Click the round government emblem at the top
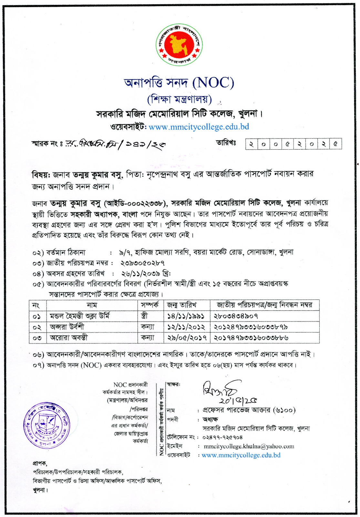pyautogui.click(x=179, y=45)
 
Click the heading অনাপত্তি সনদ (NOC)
pyautogui.click(x=179, y=83)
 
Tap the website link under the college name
pyautogui.click(x=199, y=127)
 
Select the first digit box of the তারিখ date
pyautogui.click(x=251, y=144)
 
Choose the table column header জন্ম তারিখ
pyautogui.click(x=181, y=305)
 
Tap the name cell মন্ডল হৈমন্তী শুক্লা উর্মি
pyautogui.click(x=79, y=316)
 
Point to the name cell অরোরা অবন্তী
pyautogui.click(x=68, y=338)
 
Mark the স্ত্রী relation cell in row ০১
pyautogui.click(x=144, y=316)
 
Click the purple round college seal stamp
pyautogui.click(x=46, y=425)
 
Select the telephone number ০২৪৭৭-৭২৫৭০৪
pyautogui.click(x=222, y=437)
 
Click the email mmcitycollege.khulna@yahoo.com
pyautogui.click(x=249, y=446)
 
